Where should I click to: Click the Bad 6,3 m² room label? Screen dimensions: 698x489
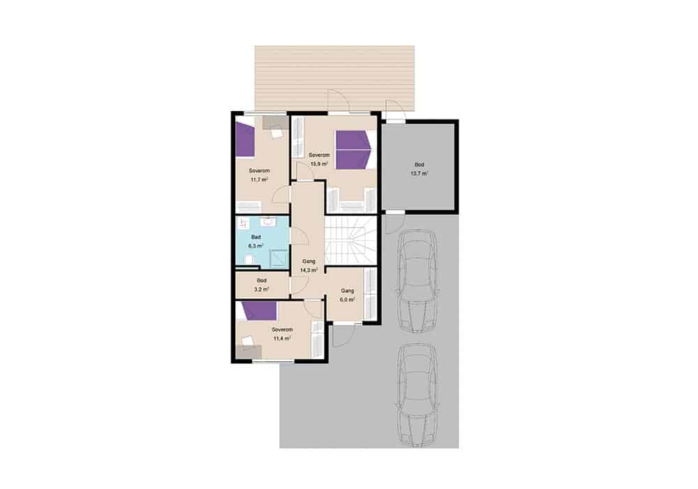255,242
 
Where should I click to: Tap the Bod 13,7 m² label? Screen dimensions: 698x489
419,169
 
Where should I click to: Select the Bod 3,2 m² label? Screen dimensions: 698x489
261,285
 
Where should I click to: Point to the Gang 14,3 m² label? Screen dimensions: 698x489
309,266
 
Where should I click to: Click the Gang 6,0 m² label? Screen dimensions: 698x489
347,295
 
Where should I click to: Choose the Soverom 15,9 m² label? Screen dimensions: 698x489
319,159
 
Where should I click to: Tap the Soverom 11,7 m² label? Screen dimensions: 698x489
259,175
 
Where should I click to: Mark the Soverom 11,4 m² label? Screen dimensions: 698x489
282,334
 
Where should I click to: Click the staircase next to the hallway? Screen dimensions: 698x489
350,240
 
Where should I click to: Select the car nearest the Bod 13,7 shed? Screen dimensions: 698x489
417,281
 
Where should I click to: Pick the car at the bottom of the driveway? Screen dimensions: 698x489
417,395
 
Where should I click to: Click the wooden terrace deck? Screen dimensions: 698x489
334,78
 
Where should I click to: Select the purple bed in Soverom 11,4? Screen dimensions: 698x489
259,310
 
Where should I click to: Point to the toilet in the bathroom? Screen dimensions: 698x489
248,259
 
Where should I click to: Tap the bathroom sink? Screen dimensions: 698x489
269,221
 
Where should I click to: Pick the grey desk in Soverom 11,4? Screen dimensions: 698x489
248,351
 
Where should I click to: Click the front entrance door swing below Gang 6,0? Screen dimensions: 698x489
343,335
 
